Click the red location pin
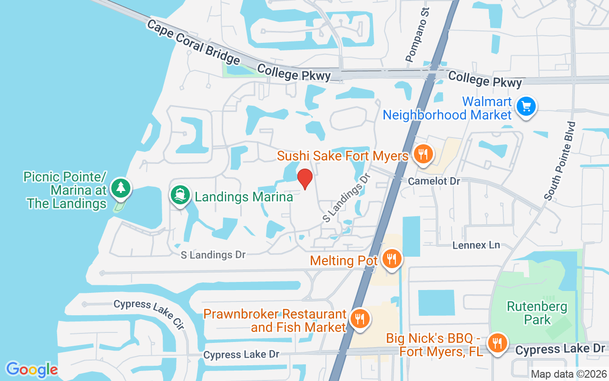[305, 179]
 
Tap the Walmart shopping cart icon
[526, 106]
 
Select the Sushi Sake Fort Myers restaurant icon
[422, 154]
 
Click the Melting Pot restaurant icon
[392, 259]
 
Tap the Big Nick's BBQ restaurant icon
[498, 343]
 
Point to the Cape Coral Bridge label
[193, 42]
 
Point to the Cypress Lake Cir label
[148, 314]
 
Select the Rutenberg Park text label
[537, 313]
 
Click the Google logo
[32, 370]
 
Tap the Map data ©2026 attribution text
[569, 374]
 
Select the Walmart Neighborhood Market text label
[447, 108]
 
